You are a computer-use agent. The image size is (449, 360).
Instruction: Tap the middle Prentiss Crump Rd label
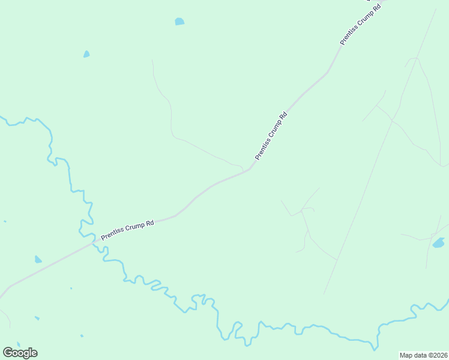pyautogui.click(x=271, y=136)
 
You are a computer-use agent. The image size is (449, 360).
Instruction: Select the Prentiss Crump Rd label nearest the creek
pyautogui.click(x=127, y=229)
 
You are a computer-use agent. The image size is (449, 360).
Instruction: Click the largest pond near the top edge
pyautogui.click(x=179, y=22)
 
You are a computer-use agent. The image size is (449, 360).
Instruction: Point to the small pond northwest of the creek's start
pyautogui.click(x=86, y=54)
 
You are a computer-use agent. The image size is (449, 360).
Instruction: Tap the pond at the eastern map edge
pyautogui.click(x=439, y=243)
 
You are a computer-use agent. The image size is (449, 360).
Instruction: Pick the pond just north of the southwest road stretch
pyautogui.click(x=38, y=259)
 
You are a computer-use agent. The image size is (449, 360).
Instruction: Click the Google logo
pyautogui.click(x=20, y=352)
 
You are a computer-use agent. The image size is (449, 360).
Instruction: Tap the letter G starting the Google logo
pyautogui.click(x=8, y=352)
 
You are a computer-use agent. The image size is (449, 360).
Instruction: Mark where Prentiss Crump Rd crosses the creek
pyautogui.click(x=93, y=242)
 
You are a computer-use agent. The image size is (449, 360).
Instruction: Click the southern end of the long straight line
pyautogui.click(x=324, y=294)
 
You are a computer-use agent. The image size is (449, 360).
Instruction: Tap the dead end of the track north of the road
pyautogui.click(x=152, y=59)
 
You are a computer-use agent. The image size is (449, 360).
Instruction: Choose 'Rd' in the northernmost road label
pyautogui.click(x=376, y=8)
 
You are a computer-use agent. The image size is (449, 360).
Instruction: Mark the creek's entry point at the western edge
pyautogui.click(x=1, y=116)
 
